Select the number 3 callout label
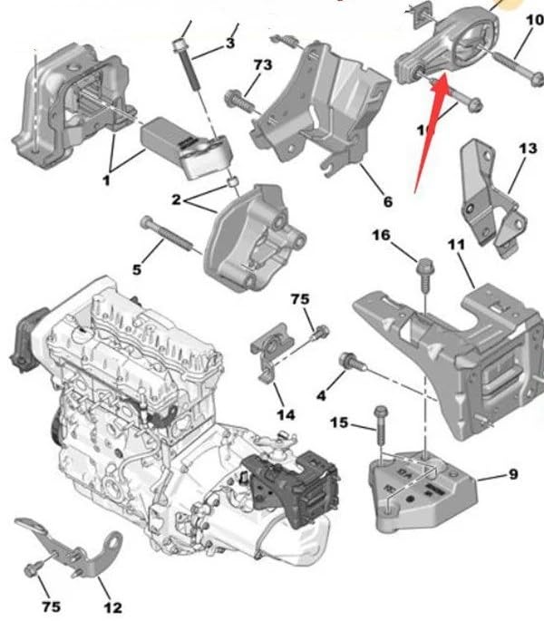pos(229,43)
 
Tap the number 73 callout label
pos(262,65)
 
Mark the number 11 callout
pos(456,245)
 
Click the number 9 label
pos(512,472)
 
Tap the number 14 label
pos(286,415)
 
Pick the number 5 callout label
pos(138,269)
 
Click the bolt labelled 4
pos(350,363)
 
